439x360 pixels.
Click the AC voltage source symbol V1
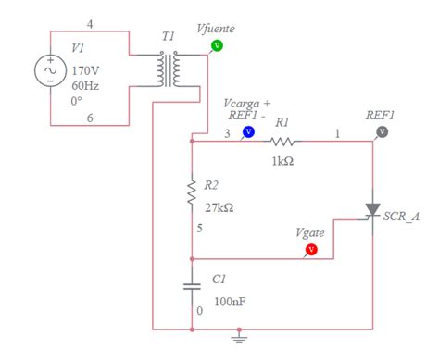[x=47, y=70]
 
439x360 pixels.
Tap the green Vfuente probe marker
[x=217, y=44]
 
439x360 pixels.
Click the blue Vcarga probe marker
[x=248, y=132]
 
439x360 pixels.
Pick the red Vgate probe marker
[x=311, y=249]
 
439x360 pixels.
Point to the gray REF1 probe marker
[x=381, y=132]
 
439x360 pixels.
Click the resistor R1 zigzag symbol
[x=283, y=143]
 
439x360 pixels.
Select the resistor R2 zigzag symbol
[x=192, y=192]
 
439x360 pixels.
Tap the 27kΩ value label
[x=219, y=208]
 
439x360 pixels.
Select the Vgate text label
[x=310, y=233]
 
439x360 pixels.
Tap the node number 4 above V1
[x=89, y=22]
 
